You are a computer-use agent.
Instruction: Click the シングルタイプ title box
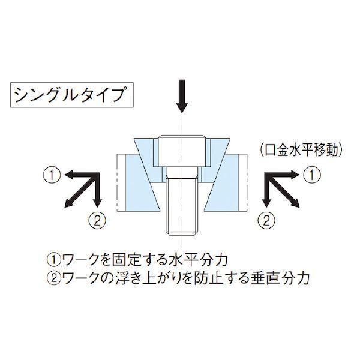pos(72,95)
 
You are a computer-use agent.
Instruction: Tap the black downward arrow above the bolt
pos(182,96)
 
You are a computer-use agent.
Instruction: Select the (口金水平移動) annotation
pos(302,150)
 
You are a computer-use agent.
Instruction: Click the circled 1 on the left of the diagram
pos(52,175)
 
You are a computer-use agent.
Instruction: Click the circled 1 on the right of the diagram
pos(311,175)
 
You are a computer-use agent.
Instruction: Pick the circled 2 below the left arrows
pos(97,221)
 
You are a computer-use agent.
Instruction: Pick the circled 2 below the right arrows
pos(266,221)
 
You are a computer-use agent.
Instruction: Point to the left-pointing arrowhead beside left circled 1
pos(69,175)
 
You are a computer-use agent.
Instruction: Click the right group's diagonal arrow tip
pos(298,205)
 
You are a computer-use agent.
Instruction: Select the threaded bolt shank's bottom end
pos(182,235)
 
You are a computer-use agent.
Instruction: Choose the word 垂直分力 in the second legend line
pos(279,278)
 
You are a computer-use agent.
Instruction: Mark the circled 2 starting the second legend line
pos(53,278)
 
